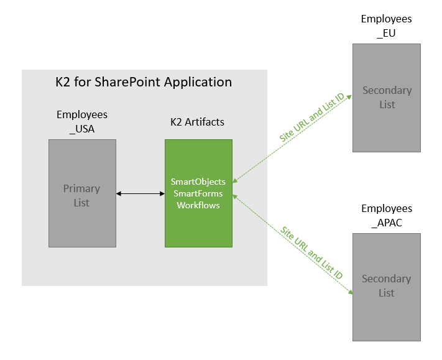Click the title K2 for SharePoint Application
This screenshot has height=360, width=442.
pos(144,82)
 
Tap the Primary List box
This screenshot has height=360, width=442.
pos(82,193)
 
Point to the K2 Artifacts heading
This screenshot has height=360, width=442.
pos(197,122)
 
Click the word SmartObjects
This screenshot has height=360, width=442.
pos(198,182)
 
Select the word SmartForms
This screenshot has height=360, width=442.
pos(198,193)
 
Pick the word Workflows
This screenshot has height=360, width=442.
pos(198,205)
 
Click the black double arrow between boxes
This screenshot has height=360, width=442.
pos(140,194)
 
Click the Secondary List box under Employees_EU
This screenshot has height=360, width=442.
pos(387,98)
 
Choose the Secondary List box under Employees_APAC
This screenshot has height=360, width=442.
pos(387,287)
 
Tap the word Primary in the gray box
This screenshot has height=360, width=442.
pos(81,188)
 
